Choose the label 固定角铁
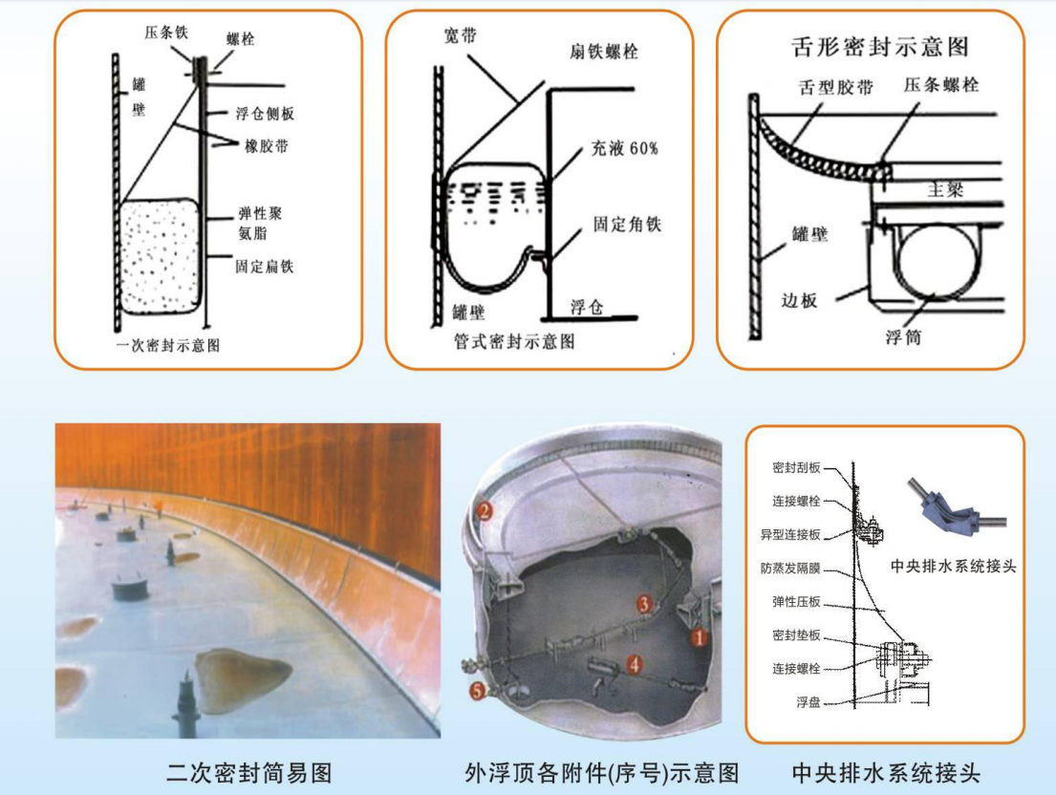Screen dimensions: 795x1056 pyautogui.click(x=627, y=226)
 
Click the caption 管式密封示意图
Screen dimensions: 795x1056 pyautogui.click(x=516, y=342)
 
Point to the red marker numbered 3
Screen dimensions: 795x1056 pyautogui.click(x=645, y=604)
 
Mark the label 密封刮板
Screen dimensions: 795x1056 pyautogui.click(x=797, y=469)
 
